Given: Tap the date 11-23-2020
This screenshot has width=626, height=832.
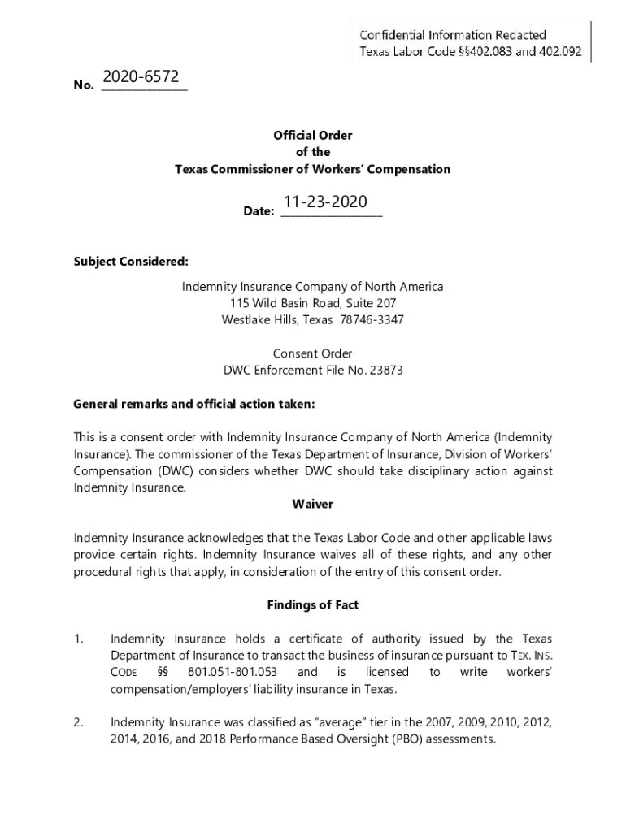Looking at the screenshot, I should tap(325, 201).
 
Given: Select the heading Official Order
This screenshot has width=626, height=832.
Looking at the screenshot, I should tap(312, 136).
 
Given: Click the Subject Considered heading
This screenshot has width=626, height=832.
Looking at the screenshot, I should tap(131, 262).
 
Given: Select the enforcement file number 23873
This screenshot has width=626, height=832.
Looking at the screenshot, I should tap(386, 370).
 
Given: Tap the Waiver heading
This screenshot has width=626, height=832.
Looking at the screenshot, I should tap(312, 504).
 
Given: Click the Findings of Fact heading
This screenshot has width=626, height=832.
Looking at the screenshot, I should tap(312, 605).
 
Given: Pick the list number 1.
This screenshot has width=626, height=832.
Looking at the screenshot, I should tap(79, 639).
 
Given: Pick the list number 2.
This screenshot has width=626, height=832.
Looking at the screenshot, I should tap(79, 722).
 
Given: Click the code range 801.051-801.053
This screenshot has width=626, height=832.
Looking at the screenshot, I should tap(233, 673).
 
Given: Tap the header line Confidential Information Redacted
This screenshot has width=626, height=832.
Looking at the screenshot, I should tap(453, 35).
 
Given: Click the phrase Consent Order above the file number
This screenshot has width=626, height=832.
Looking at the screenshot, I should tap(312, 353).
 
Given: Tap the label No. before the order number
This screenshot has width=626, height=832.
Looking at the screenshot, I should tap(84, 84).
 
